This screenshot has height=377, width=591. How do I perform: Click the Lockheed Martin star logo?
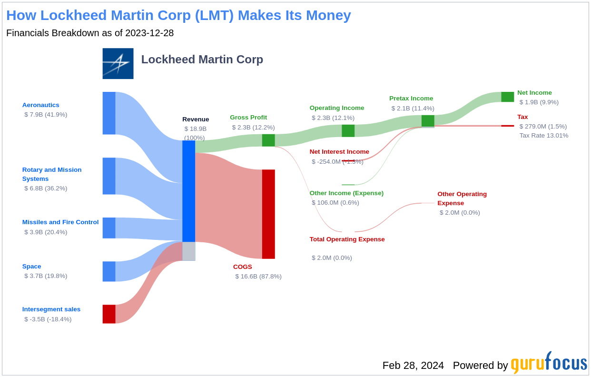(x=118, y=63)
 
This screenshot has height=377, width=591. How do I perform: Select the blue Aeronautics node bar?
(x=109, y=113)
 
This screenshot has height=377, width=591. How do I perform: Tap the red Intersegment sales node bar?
(x=109, y=314)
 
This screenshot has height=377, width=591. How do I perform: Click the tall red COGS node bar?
(x=268, y=214)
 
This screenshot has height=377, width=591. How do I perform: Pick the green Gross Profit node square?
(x=268, y=140)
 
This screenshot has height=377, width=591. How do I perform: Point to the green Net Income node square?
(x=507, y=97)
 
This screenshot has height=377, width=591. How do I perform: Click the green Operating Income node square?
(x=348, y=131)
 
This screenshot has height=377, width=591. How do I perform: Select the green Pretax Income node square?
(x=428, y=121)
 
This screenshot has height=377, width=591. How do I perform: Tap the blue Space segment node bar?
(x=109, y=271)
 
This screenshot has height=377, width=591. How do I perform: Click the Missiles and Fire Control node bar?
(x=109, y=228)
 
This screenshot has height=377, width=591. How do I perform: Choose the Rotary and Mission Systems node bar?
(x=109, y=176)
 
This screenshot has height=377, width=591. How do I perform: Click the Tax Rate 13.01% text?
(x=543, y=136)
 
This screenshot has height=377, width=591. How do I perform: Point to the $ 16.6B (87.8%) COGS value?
(x=258, y=277)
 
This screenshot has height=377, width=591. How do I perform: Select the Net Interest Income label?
(x=339, y=152)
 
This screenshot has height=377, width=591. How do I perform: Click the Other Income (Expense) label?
(x=346, y=193)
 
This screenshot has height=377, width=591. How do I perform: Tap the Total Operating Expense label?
(x=347, y=239)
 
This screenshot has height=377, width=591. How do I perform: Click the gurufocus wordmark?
(x=549, y=363)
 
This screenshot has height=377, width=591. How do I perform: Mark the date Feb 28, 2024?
(x=413, y=366)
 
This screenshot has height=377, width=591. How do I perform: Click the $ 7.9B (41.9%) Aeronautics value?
(x=46, y=115)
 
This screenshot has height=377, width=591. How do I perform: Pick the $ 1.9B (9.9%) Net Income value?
(x=539, y=102)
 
